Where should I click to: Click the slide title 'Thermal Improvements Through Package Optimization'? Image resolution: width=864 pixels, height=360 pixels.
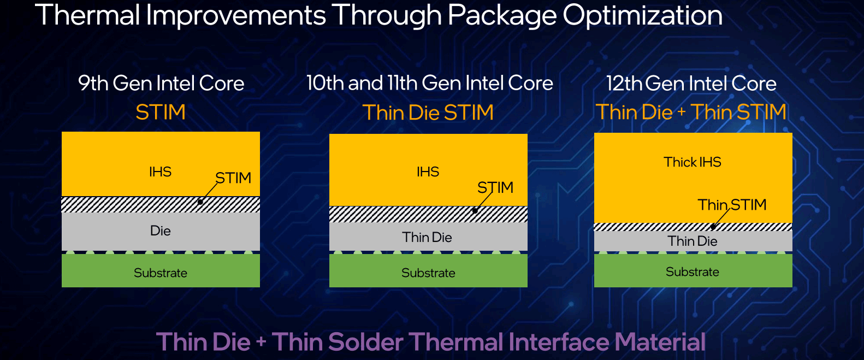pyautogui.click(x=379, y=15)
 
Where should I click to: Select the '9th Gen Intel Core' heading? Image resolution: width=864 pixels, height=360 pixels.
pyautogui.click(x=161, y=83)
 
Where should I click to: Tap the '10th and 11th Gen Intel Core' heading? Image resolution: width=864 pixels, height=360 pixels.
pyautogui.click(x=430, y=83)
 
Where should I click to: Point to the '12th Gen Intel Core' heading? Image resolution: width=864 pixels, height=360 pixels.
pyautogui.click(x=691, y=83)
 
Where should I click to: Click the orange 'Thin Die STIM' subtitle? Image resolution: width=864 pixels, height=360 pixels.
pyautogui.click(x=428, y=113)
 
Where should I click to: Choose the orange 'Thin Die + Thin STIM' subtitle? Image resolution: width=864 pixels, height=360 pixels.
pyautogui.click(x=691, y=112)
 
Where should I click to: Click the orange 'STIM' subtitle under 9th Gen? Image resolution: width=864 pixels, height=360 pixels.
pyautogui.click(x=161, y=112)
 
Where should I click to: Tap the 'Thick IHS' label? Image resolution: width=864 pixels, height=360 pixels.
pyautogui.click(x=693, y=162)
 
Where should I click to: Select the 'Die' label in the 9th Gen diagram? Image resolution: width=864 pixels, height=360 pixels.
pyautogui.click(x=161, y=231)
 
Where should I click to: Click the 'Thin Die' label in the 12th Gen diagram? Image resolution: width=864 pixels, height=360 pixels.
pyautogui.click(x=693, y=241)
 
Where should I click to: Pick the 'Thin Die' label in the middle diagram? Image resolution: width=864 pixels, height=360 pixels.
pyautogui.click(x=427, y=237)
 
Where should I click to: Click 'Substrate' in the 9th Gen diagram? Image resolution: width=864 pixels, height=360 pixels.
pyautogui.click(x=161, y=273)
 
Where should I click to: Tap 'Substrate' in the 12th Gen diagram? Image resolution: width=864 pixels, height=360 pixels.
pyautogui.click(x=693, y=272)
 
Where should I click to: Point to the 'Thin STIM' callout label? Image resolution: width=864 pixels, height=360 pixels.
pyautogui.click(x=732, y=204)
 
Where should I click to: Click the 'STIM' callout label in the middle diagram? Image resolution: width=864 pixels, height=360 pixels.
pyautogui.click(x=495, y=187)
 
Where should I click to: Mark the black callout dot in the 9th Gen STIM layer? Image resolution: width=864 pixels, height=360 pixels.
pyautogui.click(x=200, y=202)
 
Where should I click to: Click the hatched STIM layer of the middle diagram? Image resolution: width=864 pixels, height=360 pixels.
pyautogui.click(x=428, y=214)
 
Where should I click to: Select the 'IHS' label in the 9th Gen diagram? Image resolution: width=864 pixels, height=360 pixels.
pyautogui.click(x=161, y=172)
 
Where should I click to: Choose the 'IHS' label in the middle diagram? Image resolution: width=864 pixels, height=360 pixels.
pyautogui.click(x=428, y=172)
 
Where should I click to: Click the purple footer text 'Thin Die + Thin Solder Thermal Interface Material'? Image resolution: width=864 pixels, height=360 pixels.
pyautogui.click(x=431, y=342)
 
